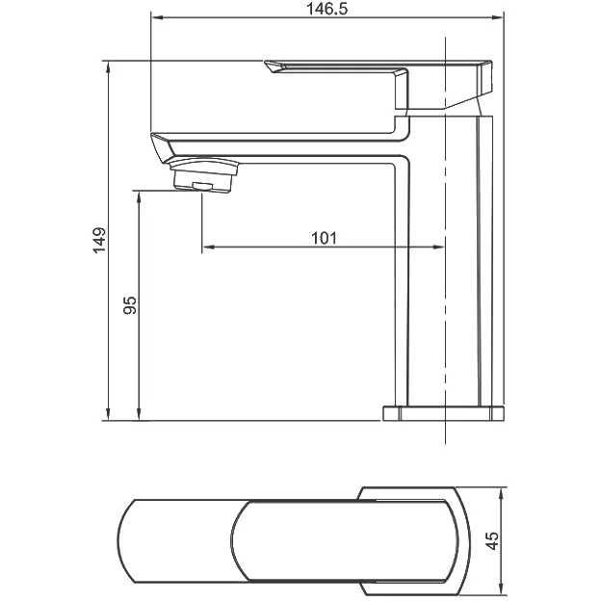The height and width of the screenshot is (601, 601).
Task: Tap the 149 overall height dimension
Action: click(x=97, y=240)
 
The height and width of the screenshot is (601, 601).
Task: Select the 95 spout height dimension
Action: click(x=130, y=306)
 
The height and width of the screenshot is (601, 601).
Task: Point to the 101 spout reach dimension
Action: click(x=324, y=237)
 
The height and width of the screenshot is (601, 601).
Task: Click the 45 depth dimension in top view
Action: click(x=493, y=541)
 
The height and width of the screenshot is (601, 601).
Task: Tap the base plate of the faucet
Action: click(x=444, y=414)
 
